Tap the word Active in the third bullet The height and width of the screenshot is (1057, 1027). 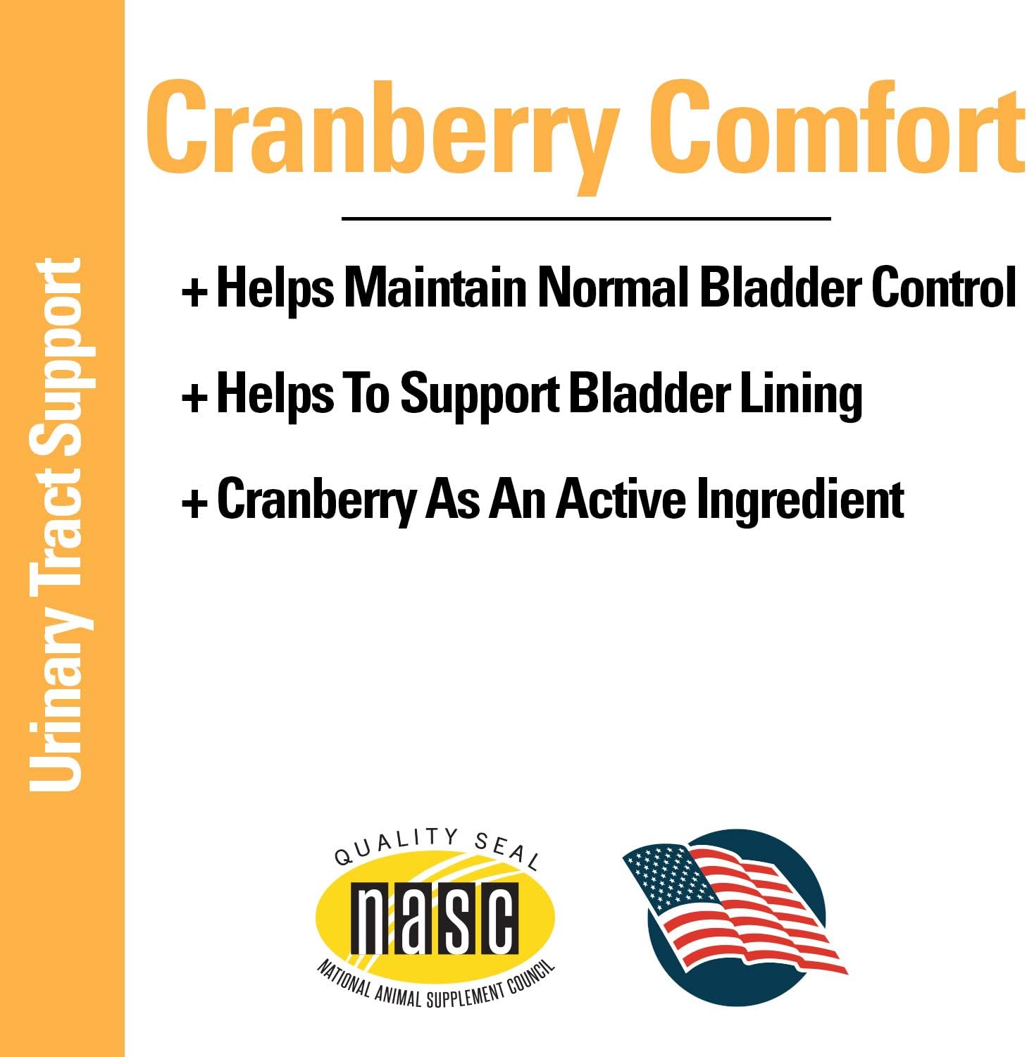(x=622, y=499)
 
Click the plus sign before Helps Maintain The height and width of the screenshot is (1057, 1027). (x=194, y=291)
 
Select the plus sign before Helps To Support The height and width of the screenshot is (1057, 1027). (x=194, y=397)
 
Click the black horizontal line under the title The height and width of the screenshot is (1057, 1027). (x=586, y=218)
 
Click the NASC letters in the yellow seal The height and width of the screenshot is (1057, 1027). (x=435, y=917)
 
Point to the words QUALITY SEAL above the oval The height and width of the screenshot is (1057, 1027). (x=437, y=846)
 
